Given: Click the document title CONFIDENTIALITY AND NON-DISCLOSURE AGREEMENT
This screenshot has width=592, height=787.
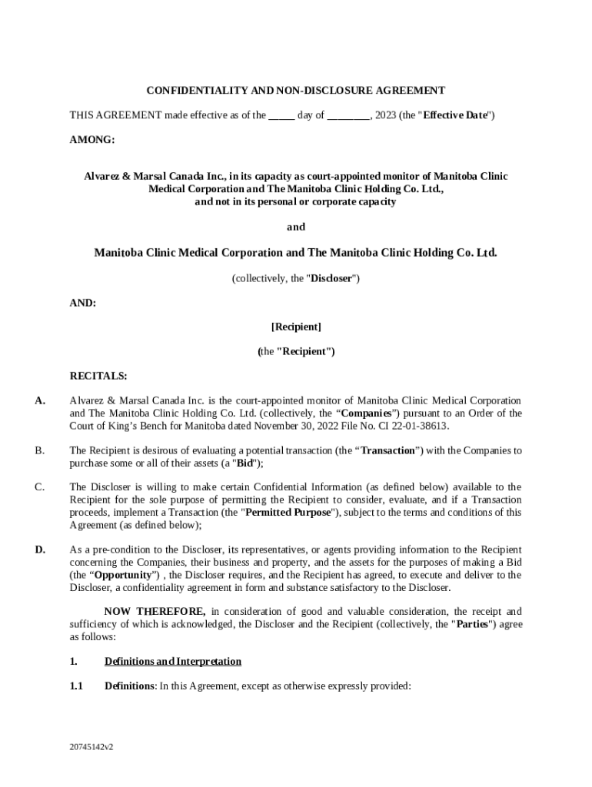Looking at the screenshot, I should (x=296, y=91).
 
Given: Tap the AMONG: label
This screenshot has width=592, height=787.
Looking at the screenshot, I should (x=91, y=140).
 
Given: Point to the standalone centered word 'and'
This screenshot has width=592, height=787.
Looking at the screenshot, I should (x=296, y=227).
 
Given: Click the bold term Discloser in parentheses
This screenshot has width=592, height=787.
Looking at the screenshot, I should (x=331, y=278).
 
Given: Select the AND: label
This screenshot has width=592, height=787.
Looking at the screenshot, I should (x=83, y=303).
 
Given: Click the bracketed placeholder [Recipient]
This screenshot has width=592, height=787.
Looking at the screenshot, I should (x=296, y=327).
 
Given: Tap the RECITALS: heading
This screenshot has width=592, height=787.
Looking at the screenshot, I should (x=98, y=376).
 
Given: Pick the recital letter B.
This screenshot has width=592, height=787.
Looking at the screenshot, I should (x=39, y=450).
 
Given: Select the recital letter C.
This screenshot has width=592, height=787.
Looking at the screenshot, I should (x=39, y=487).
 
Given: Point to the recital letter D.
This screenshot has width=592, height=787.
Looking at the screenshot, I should (x=40, y=550).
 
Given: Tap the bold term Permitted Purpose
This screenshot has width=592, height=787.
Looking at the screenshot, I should (x=287, y=513).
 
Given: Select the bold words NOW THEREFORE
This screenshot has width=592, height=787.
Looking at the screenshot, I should (x=155, y=612).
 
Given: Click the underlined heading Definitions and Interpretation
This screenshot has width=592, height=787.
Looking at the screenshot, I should (x=173, y=662).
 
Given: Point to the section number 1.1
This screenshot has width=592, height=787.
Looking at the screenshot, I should (x=76, y=686).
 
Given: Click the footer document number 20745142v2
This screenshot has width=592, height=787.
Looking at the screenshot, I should (x=91, y=746).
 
